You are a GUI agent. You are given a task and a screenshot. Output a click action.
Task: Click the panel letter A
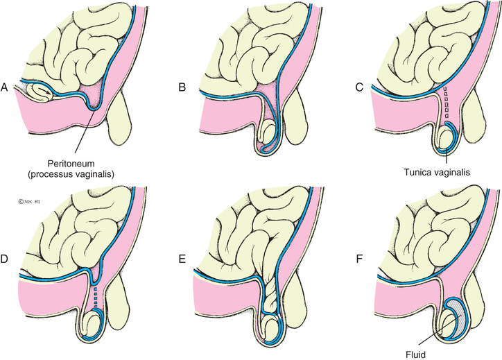6,88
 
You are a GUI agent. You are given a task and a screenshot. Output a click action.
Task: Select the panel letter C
349,88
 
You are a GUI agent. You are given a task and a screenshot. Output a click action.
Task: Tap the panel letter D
6,259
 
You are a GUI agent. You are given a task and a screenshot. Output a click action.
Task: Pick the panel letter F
349,259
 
